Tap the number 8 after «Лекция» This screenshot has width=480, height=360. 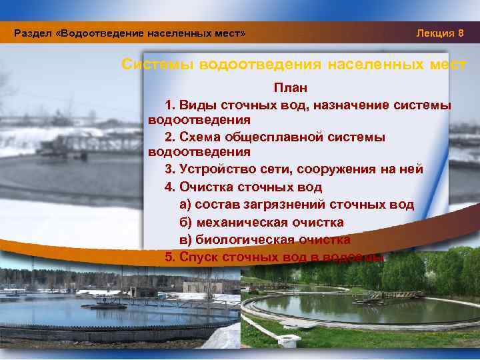point(461,33)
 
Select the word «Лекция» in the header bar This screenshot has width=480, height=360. point(435,33)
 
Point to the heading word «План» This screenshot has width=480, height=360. point(290,89)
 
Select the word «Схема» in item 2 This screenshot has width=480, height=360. point(203,137)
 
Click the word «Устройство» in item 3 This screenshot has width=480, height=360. point(217,169)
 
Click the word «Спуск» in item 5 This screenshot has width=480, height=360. point(199,257)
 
